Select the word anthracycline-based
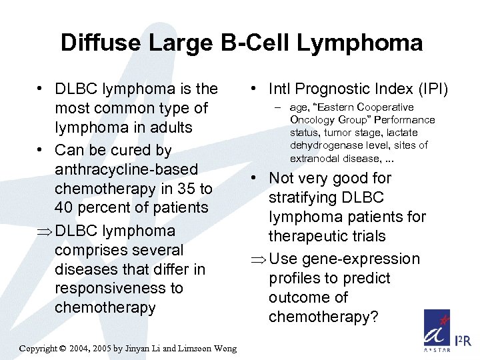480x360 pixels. [127, 169]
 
